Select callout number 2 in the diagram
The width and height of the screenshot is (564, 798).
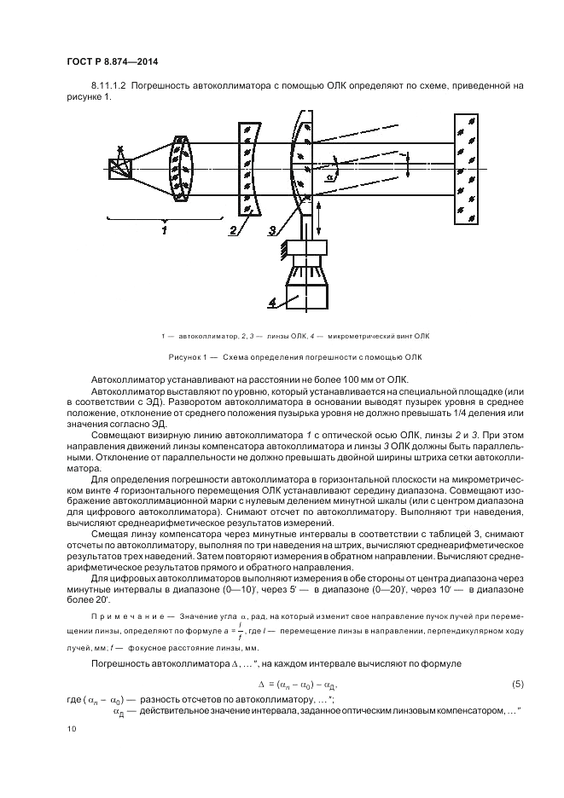231,229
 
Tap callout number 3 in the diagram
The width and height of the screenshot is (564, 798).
271,230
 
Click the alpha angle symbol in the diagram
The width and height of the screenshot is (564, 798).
329,178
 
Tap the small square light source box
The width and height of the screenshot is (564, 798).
119,169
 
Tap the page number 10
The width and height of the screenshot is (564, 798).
71,729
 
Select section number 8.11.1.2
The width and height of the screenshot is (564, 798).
108,86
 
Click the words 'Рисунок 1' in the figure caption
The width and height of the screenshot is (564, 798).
211,356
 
